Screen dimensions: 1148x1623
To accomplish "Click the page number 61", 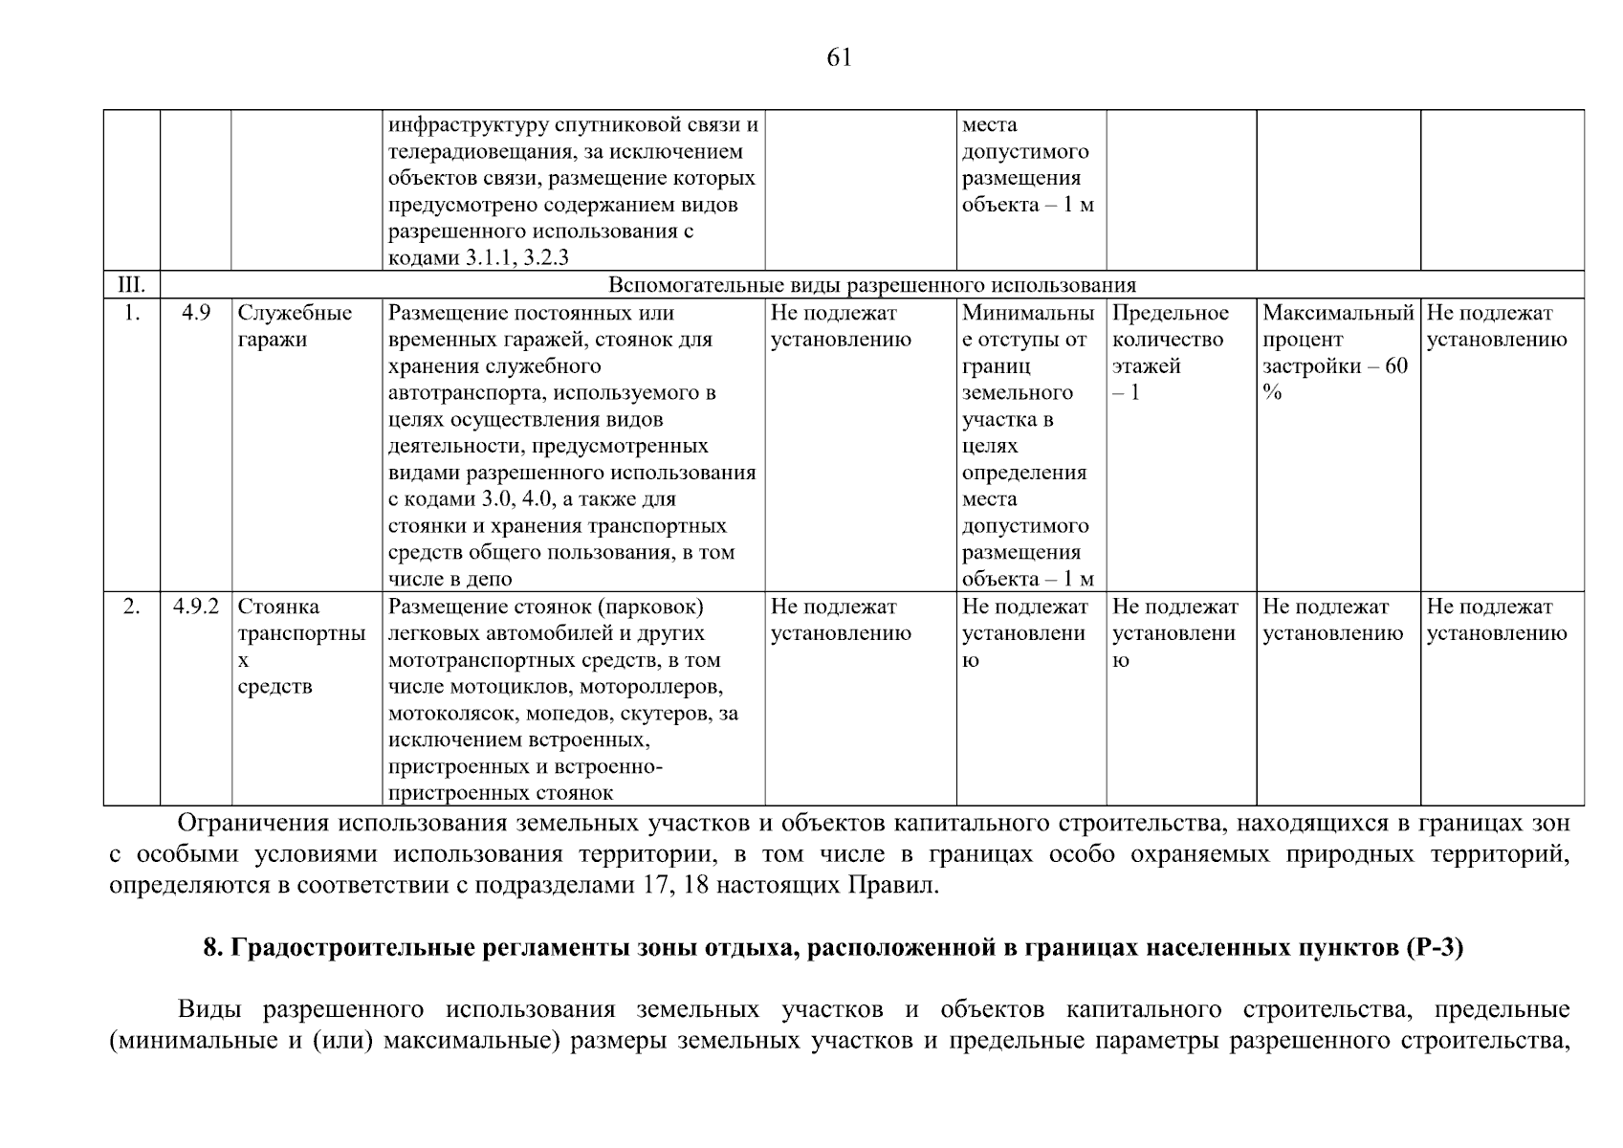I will click(x=838, y=58).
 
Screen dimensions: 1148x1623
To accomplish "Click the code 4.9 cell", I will click(x=196, y=314).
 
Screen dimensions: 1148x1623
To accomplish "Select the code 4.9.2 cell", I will click(x=196, y=607).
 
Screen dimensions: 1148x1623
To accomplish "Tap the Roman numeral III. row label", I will click(x=131, y=285).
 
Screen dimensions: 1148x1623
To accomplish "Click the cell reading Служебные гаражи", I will click(x=295, y=327).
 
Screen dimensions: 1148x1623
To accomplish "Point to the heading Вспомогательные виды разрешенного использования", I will click(x=871, y=285).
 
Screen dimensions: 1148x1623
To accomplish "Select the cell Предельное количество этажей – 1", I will click(x=1170, y=353).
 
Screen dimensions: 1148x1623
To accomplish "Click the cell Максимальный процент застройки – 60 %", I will click(x=1336, y=353).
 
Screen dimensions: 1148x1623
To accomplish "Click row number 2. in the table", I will click(x=132, y=607).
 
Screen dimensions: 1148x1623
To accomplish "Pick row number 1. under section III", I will click(x=132, y=314).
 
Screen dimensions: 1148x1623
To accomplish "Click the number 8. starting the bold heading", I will click(x=213, y=948).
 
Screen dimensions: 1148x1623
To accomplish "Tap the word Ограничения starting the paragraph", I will click(x=248, y=823).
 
